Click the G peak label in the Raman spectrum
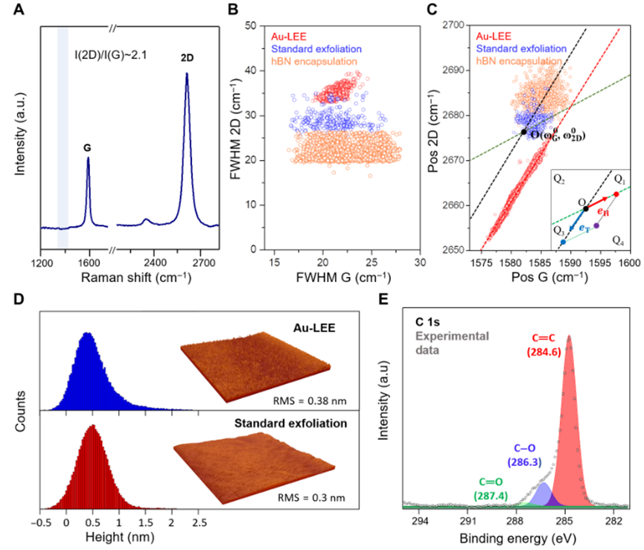(88, 148)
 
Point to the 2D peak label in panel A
(185, 57)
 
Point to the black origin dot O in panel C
(524, 132)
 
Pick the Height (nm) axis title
(112, 539)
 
